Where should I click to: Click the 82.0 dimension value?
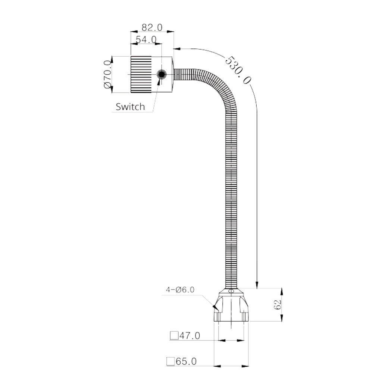coord(152,27)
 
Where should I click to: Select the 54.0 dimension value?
coord(146,40)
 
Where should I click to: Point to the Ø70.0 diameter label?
coord(107,74)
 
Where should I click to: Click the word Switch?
coord(130,107)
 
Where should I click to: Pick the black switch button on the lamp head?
coord(162,74)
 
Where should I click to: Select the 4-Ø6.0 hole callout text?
coord(180,289)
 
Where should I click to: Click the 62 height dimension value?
coord(278,305)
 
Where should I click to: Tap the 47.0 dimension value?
coord(190,336)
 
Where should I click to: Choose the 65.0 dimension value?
coord(186,361)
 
